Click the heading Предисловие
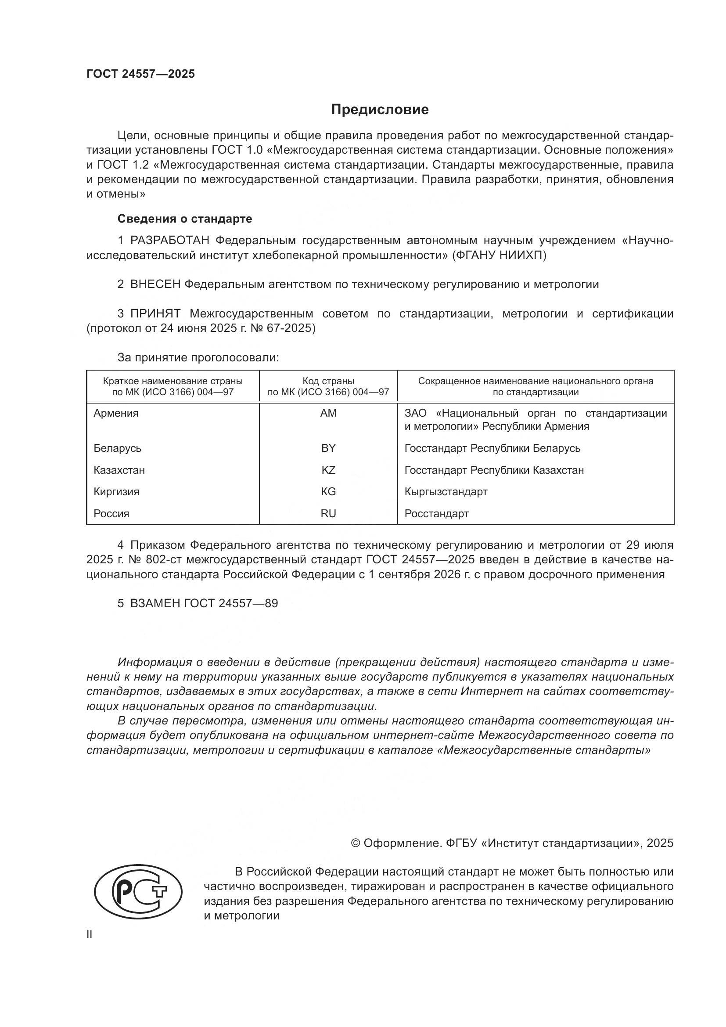coord(380,110)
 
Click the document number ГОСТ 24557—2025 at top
coord(141,74)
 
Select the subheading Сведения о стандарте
coord(185,219)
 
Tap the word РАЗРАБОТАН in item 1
coord(170,241)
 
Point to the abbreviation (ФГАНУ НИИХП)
coord(500,256)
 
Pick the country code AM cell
coord(328,413)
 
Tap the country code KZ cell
coord(328,470)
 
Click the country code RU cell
coord(328,514)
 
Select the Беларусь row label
coord(118,448)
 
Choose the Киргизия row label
coord(116,492)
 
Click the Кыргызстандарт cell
coord(446,492)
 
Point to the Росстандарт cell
coord(436,514)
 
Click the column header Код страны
coord(328,381)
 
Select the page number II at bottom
coord(90,934)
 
